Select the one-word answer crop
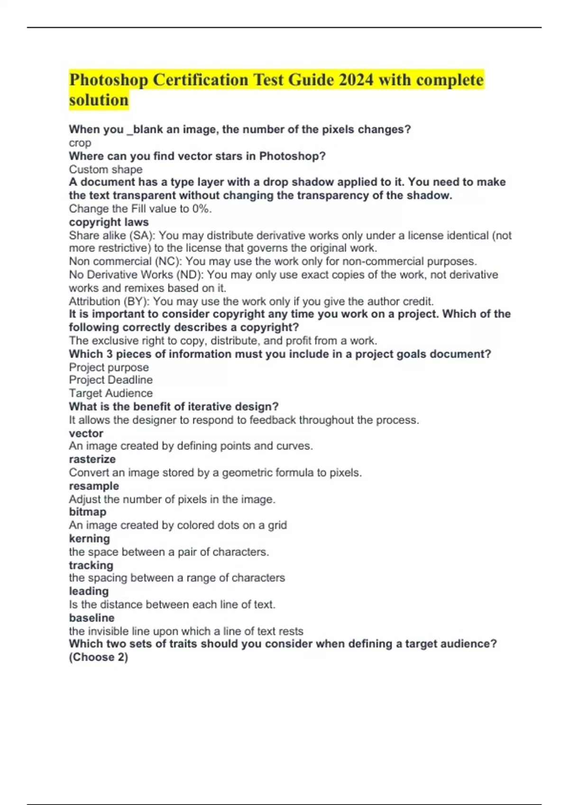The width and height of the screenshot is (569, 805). tap(80, 143)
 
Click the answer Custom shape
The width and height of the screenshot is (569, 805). tap(105, 170)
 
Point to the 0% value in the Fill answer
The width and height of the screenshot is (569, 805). tap(201, 209)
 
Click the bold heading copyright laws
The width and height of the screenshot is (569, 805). tap(109, 222)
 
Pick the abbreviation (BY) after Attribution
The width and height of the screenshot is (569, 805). tap(137, 301)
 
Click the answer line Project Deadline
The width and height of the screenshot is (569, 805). tap(110, 380)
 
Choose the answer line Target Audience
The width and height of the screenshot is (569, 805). tap(110, 393)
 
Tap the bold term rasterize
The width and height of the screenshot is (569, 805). tap(92, 459)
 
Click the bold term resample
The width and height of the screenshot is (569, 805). tap(94, 486)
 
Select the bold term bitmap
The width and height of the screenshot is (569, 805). tap(88, 512)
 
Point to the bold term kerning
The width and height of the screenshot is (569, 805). tap(89, 538)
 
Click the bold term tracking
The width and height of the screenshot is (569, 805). tap(91, 565)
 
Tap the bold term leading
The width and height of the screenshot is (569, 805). tap(89, 591)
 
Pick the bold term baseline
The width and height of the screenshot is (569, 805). tap(92, 618)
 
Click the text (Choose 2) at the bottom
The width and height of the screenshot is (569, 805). tap(98, 657)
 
